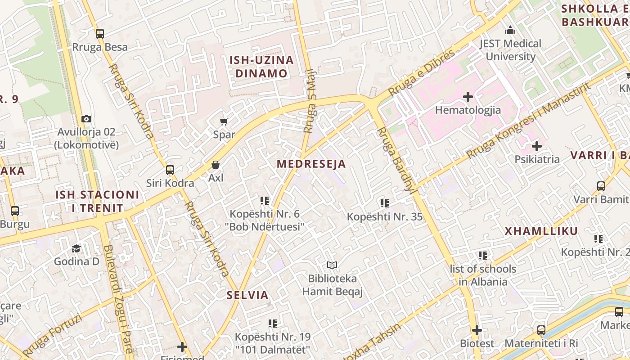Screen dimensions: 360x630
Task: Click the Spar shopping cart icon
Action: pos(224,121)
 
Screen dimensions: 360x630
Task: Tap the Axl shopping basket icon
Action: pos(216,165)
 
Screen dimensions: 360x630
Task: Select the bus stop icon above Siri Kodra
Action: pos(170,170)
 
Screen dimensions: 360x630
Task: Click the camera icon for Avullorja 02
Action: pos(86,119)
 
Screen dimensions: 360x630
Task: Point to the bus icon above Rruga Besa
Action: pos(100,34)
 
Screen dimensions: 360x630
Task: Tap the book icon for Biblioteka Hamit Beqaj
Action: pos(332,265)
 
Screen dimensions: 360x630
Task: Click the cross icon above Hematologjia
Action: pos(468,97)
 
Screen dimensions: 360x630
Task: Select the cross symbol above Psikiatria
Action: pos(536,146)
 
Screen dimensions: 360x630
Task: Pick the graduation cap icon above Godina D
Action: pos(76,249)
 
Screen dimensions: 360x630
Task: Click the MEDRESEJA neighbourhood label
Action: pos(311,164)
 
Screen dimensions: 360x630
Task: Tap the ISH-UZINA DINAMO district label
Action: pos(261,67)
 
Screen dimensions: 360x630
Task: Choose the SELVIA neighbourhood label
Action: pos(247,296)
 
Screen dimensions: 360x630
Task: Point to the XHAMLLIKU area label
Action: pos(541,231)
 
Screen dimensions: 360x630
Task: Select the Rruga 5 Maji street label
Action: pos(310,101)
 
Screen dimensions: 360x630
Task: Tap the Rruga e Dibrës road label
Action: pos(422,72)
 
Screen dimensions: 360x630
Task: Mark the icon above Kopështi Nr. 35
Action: pos(384,203)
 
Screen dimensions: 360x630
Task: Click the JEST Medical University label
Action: pos(510,50)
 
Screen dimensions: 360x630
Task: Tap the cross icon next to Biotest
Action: pos(477,331)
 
